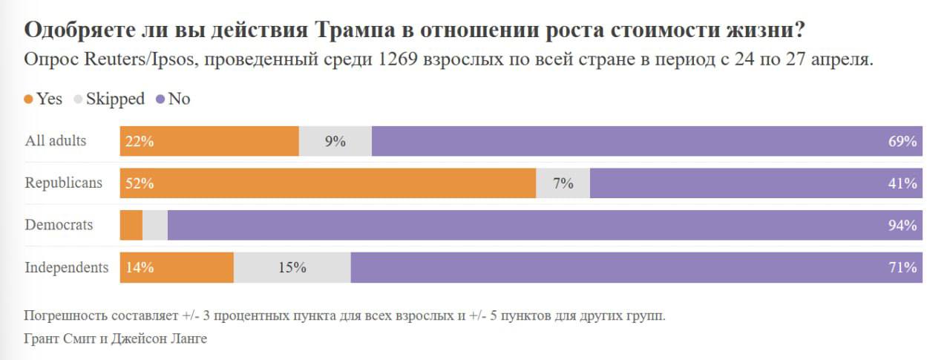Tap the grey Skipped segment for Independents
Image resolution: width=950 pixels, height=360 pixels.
point(292,267)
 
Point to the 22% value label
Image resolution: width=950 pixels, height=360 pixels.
point(140,141)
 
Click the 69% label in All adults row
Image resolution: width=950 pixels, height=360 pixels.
point(902,141)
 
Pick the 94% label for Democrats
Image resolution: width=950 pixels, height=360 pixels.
point(902,225)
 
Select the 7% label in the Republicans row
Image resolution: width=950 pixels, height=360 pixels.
point(563,183)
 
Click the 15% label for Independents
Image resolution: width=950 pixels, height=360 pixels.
point(292,267)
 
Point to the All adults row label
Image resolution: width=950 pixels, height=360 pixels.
point(56,141)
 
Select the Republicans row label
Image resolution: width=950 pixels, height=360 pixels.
point(64,183)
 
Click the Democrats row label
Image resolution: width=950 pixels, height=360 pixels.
point(59,225)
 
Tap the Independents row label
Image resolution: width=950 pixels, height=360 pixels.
point(67,267)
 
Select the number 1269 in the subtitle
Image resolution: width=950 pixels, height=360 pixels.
point(402,60)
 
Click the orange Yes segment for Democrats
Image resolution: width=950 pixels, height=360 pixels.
point(131,225)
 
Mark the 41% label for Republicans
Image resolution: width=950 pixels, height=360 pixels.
point(902,183)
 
